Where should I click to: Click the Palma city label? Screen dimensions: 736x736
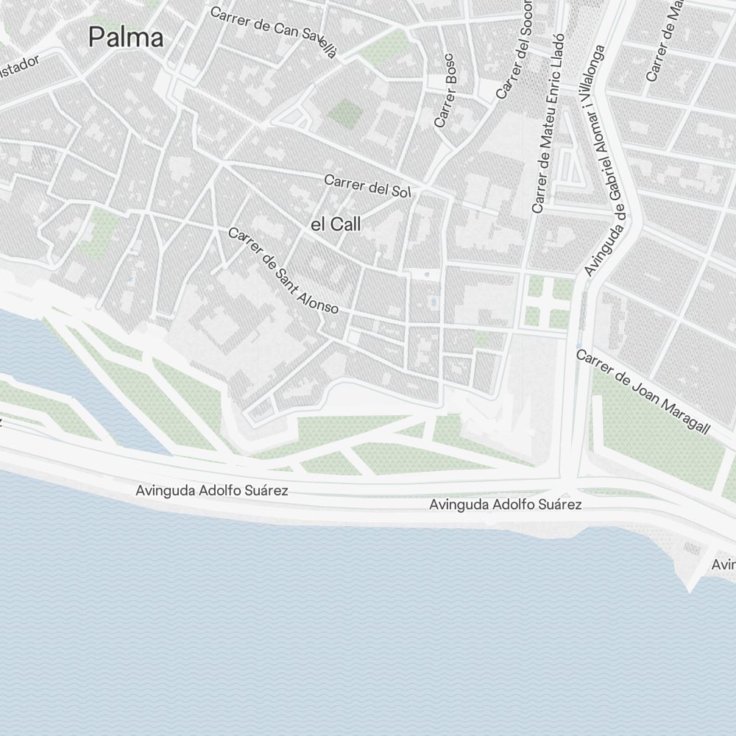pos(126,37)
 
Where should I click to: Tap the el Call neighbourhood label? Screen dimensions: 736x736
pos(336,225)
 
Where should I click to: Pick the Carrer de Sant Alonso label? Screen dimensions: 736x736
pos(283,271)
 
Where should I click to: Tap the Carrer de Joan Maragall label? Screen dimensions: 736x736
pos(643,392)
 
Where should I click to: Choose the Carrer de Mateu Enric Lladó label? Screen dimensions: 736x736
pos(548,124)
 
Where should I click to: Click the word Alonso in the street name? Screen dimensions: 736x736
pos(319,299)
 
